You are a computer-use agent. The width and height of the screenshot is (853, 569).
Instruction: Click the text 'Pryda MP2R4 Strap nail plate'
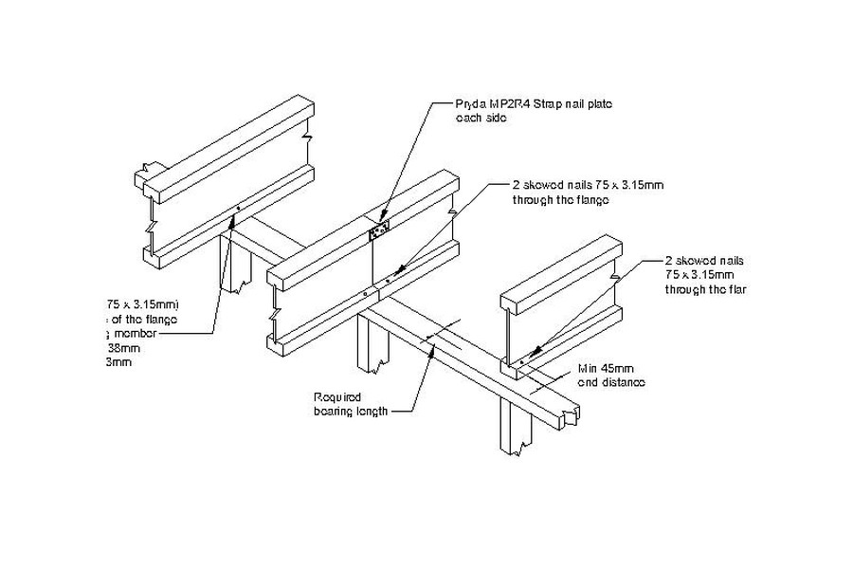click(x=532, y=105)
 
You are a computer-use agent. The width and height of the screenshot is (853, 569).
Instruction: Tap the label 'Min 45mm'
click(x=604, y=369)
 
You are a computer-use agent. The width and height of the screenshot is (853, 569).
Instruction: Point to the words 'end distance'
click(x=611, y=382)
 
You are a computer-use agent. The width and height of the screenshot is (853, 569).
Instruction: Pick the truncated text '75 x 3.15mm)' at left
click(x=141, y=304)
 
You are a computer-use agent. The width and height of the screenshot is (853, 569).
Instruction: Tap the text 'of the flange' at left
click(x=142, y=319)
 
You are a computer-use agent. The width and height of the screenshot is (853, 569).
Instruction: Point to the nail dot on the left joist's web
click(x=239, y=211)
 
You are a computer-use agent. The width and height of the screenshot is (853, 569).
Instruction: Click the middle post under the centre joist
click(x=369, y=347)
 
